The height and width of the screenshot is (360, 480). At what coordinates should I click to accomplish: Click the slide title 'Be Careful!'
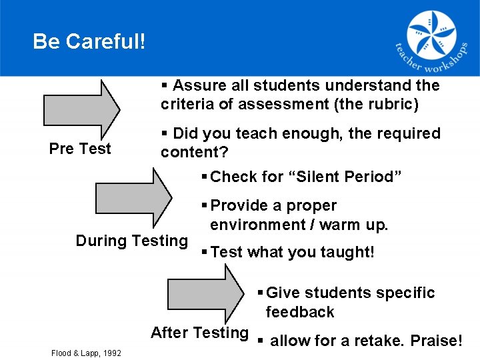point(89,42)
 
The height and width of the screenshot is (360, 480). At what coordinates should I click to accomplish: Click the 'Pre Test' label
point(80,149)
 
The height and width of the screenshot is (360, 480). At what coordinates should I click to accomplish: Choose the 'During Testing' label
point(132,241)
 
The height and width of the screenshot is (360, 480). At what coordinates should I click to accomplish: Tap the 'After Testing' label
point(199,333)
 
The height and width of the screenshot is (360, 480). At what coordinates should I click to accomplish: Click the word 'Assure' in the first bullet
point(198,85)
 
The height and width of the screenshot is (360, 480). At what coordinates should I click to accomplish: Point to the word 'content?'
point(194,152)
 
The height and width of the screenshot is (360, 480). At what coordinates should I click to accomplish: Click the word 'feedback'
point(299,312)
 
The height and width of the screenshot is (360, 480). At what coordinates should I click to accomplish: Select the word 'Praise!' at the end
point(436,341)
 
